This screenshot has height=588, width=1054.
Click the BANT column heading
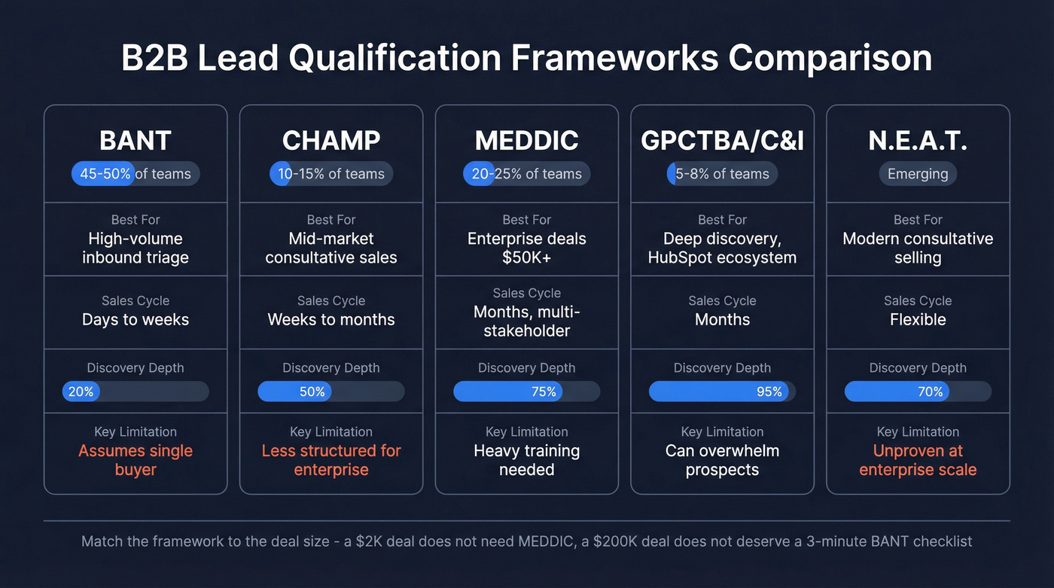click(136, 141)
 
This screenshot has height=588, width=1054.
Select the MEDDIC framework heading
click(526, 141)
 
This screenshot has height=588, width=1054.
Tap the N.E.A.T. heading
click(918, 141)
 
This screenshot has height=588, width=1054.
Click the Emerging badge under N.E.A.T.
click(918, 174)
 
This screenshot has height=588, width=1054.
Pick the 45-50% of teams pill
click(136, 174)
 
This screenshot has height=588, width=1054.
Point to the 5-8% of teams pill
click(722, 174)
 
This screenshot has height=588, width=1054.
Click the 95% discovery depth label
click(769, 391)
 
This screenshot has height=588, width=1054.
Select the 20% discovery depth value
click(81, 391)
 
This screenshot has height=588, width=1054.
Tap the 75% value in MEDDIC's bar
click(543, 391)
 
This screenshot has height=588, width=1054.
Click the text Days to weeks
click(136, 319)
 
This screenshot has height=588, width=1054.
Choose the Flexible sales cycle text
click(918, 319)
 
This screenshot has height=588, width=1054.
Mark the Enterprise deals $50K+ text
click(526, 248)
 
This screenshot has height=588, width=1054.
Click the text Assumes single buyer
click(136, 460)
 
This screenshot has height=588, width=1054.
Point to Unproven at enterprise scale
click(918, 460)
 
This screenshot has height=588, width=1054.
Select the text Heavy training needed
click(526, 460)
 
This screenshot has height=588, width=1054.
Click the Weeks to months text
click(331, 319)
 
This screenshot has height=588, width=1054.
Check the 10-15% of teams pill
click(331, 174)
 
